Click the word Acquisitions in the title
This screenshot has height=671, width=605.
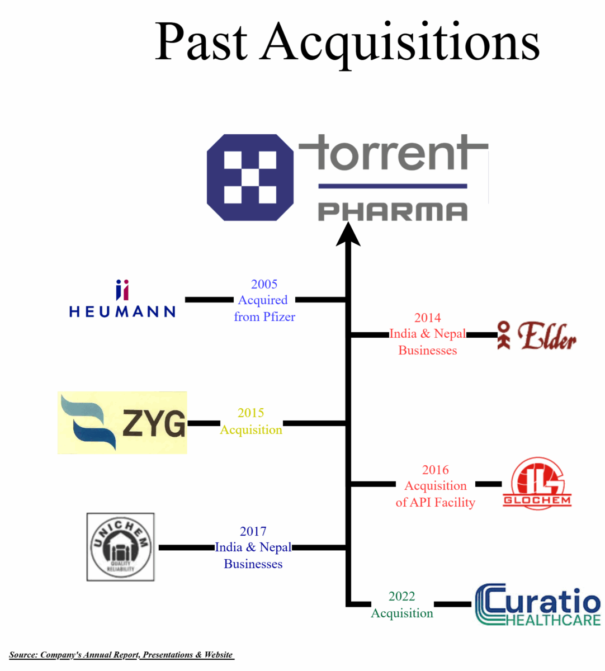tap(400, 44)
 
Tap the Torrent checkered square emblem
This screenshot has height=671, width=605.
tap(250, 177)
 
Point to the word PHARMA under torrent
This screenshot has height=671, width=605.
tap(393, 212)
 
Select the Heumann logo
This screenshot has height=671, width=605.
tap(122, 300)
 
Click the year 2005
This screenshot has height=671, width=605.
tap(264, 284)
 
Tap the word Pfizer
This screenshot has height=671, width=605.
tap(279, 316)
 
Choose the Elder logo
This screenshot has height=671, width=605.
tap(537, 335)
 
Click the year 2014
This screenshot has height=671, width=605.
tap(427, 318)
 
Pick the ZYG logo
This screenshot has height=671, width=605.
tap(122, 423)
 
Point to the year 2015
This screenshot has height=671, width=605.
tap(250, 413)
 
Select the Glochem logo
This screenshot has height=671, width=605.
tap(537, 484)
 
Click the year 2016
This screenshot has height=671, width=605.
tap(435, 470)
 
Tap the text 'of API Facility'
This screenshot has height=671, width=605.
tap(435, 502)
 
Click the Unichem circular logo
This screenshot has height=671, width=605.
tap(121, 547)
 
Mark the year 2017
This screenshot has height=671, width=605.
tap(253, 531)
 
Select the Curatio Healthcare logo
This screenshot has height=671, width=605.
tap(537, 605)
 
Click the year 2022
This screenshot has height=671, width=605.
tap(401, 596)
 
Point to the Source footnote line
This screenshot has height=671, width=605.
tap(121, 655)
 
